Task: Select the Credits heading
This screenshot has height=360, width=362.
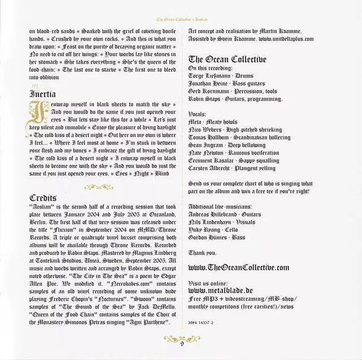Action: (x=43, y=199)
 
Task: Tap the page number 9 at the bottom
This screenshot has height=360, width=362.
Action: (x=181, y=344)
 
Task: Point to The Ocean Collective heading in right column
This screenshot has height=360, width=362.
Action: (x=226, y=59)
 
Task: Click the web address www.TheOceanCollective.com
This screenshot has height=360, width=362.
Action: (x=238, y=267)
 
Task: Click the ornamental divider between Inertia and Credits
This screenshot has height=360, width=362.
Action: (x=99, y=186)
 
